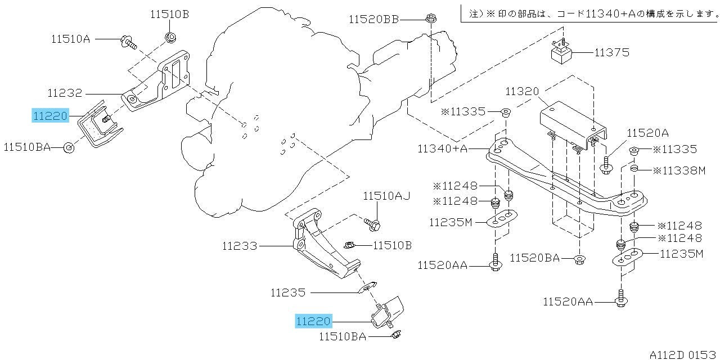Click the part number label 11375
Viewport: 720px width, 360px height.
tap(611, 52)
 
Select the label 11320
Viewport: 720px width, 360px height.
tap(522, 92)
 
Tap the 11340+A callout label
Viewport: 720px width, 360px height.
tap(442, 149)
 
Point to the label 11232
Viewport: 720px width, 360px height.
tap(65, 93)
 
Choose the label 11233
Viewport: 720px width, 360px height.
tap(240, 246)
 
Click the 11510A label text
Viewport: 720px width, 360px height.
tap(71, 39)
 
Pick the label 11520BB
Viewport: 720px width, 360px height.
tap(374, 20)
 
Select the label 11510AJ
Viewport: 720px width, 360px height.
tap(386, 196)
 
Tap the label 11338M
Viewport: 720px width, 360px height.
tap(679, 170)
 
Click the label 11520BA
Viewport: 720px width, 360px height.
tap(535, 258)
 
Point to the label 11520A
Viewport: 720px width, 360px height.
tap(647, 133)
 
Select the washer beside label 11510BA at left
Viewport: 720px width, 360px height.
tap(69, 148)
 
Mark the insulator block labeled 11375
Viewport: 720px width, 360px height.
tap(562, 52)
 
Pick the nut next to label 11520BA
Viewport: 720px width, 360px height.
tap(579, 259)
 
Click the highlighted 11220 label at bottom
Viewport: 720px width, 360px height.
tap(313, 321)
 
